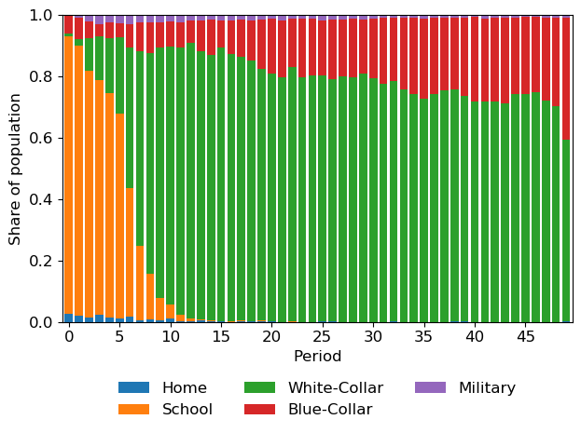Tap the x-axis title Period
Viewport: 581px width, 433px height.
pos(317,357)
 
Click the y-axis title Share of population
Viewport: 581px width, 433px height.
pos(16,169)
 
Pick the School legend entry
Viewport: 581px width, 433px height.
pos(187,410)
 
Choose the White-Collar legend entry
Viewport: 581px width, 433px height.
pos(326,388)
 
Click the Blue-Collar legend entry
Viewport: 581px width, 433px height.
pos(329,410)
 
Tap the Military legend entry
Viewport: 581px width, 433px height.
pos(487,388)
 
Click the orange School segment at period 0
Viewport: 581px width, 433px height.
pos(68,176)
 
